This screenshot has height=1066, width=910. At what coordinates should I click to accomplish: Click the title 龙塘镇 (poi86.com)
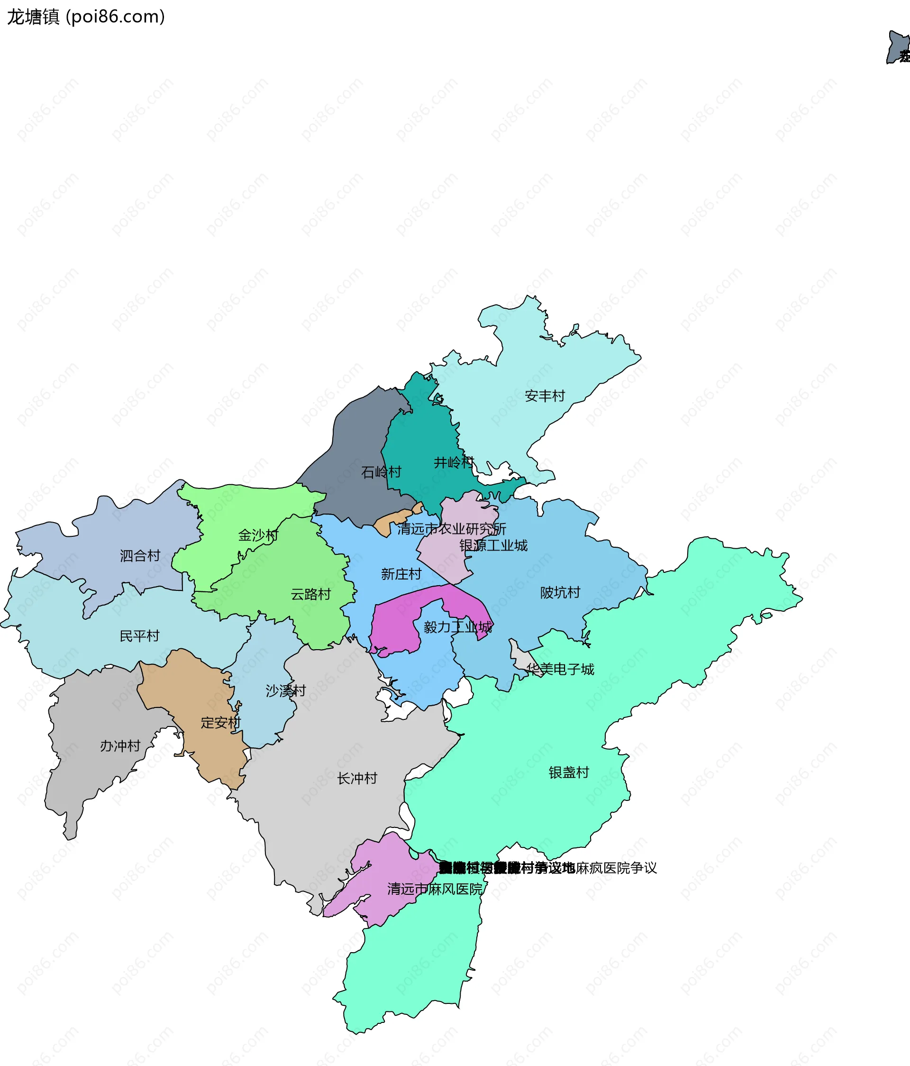(86, 17)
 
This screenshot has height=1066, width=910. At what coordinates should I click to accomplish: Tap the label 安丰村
(545, 395)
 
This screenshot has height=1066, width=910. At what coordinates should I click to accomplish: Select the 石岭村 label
(381, 472)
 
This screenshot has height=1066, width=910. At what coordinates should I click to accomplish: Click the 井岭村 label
(453, 462)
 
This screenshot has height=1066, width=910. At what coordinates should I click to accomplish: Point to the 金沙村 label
(258, 535)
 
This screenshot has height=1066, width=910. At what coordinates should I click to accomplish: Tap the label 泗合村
(140, 556)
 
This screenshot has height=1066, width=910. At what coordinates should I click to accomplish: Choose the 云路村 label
(310, 594)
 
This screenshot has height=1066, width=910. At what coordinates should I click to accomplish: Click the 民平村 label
(139, 636)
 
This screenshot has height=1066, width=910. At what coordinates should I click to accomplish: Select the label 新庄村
(401, 574)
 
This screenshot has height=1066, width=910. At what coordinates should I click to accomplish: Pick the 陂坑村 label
(560, 592)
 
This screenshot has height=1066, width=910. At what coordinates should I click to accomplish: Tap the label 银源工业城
(493, 545)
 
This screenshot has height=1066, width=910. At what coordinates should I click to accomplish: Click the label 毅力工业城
(457, 626)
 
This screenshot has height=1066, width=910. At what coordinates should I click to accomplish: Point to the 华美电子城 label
(560, 669)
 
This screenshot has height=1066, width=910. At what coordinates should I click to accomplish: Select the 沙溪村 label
(285, 690)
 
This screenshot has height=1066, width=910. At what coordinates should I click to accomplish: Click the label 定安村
(220, 722)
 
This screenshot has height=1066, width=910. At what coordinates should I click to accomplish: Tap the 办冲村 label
(120, 745)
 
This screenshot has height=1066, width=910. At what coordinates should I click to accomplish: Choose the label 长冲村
(357, 778)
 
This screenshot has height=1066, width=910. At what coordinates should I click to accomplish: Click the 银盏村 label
(568, 772)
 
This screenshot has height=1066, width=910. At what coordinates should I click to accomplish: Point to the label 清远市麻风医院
(435, 889)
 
